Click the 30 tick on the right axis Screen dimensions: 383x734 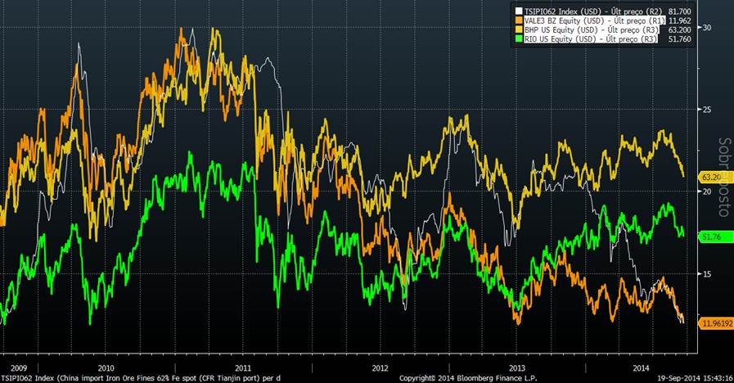tap(707, 27)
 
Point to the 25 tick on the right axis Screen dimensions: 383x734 tap(707, 109)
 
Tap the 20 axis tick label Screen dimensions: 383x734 tap(707, 190)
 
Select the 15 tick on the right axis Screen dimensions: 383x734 tap(707, 273)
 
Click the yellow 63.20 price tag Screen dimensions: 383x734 tap(709, 176)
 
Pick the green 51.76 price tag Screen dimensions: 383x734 tap(709, 237)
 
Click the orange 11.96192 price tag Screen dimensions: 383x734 tap(714, 324)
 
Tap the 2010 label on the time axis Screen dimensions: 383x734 tap(106, 369)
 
